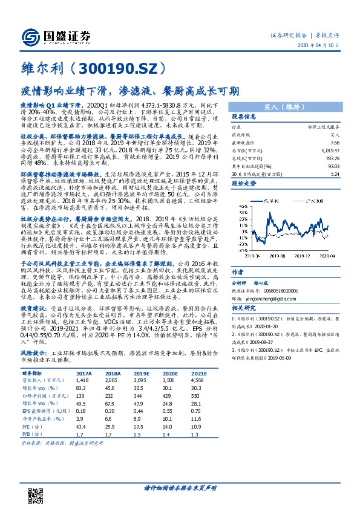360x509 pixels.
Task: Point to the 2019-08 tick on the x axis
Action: pos(278,256)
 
